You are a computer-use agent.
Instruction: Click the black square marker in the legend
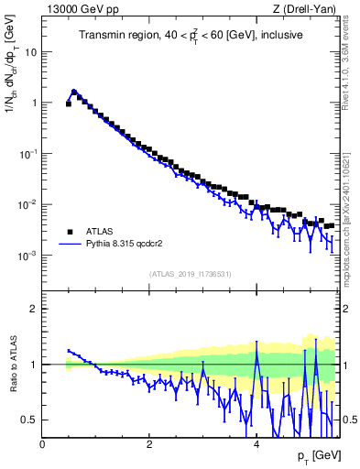70,232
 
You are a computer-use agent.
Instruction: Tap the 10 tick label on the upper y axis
30,51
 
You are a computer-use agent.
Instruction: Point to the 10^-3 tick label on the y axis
28,256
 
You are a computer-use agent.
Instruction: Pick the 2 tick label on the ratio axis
34,309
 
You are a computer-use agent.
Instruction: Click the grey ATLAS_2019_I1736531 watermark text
191,274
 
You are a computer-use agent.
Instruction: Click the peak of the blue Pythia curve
73,92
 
